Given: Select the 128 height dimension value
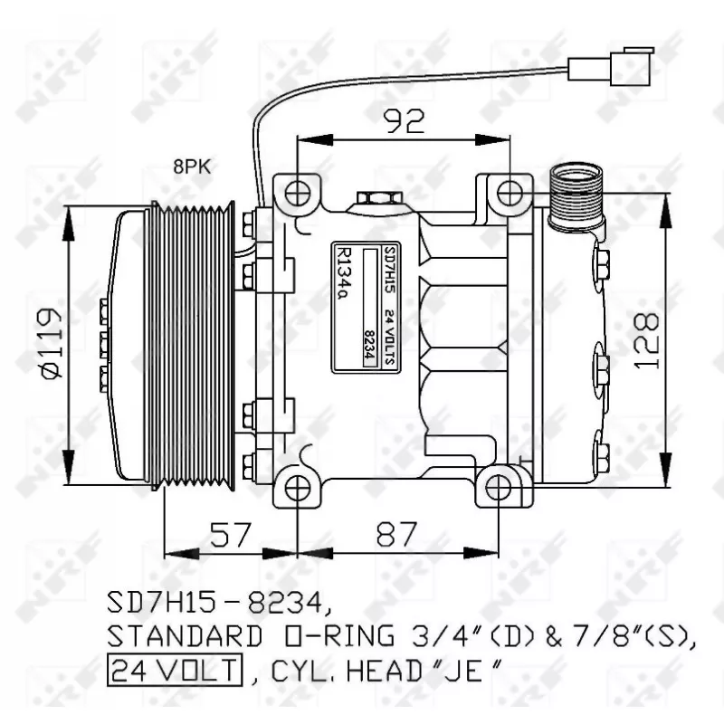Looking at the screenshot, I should (644, 341).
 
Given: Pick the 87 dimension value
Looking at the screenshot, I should (395, 536).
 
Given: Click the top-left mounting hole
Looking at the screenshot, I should (299, 193).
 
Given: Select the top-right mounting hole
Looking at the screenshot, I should (510, 192).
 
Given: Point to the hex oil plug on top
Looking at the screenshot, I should (375, 198).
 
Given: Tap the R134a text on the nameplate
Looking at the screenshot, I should (344, 271).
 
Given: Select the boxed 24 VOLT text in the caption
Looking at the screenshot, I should (176, 671).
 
